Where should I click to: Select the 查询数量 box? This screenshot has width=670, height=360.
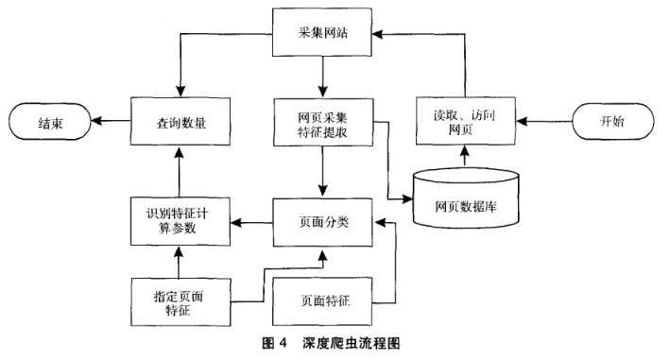click(180, 122)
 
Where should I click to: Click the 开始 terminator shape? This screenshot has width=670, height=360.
click(612, 122)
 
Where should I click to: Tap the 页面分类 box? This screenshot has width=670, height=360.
click(323, 222)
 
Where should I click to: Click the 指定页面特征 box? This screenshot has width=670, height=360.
click(178, 302)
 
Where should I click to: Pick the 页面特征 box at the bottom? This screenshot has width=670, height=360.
click(323, 302)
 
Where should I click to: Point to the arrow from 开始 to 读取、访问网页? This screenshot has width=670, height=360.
click(543, 122)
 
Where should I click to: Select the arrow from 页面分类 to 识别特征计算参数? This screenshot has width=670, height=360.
click(250, 222)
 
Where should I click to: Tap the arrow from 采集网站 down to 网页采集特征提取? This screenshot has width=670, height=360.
click(323, 76)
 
